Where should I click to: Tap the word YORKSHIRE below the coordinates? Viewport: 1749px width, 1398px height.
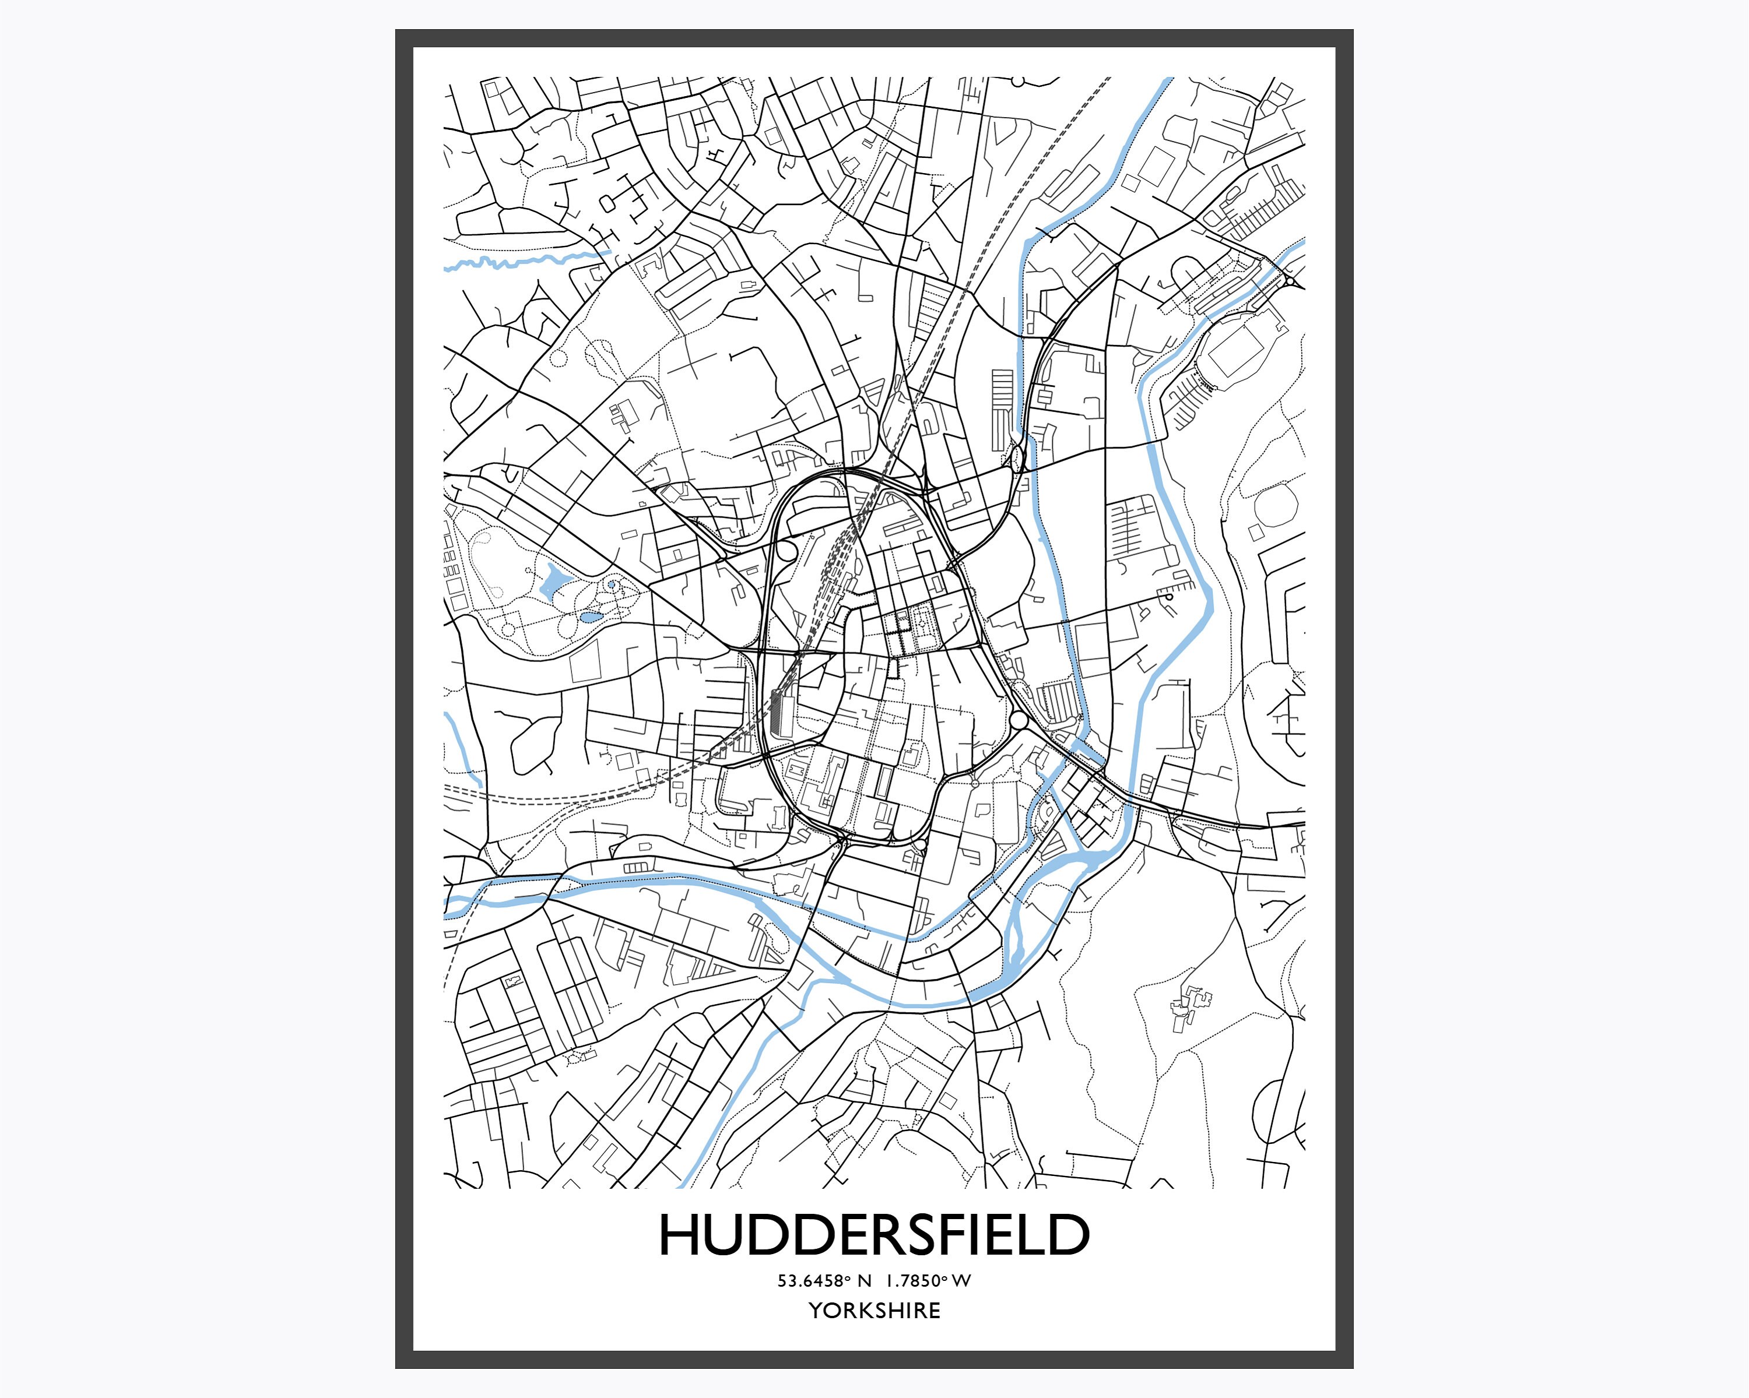click(x=874, y=1311)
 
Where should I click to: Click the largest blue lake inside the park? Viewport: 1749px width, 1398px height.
click(x=553, y=582)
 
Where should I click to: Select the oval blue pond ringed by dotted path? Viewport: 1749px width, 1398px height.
click(x=590, y=617)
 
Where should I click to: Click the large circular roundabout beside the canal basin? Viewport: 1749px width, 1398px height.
click(x=1019, y=719)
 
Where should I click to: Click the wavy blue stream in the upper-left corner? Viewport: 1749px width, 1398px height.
click(x=519, y=261)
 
